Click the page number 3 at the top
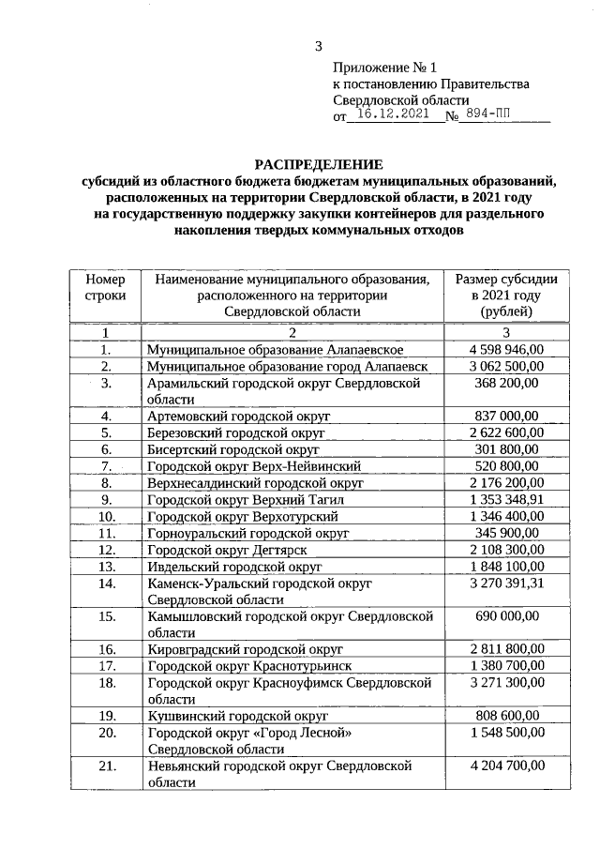[x=318, y=47]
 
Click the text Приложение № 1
[x=385, y=68]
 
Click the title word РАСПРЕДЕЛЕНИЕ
[x=317, y=165]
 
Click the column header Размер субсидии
[x=506, y=280]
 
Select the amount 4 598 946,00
[x=506, y=349]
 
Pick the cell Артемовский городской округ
[x=239, y=417]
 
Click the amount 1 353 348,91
[x=506, y=500]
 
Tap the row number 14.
[x=106, y=584]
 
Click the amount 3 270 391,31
[x=506, y=584]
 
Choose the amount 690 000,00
[x=506, y=616]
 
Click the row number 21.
[x=106, y=766]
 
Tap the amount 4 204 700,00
[x=506, y=766]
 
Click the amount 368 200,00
[x=506, y=383]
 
